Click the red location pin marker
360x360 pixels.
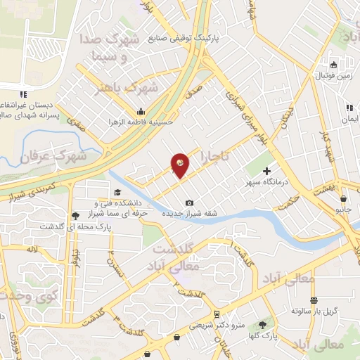(x=180, y=165)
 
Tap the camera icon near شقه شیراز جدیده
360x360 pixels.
(x=189, y=203)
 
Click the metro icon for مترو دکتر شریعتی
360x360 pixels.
(x=216, y=314)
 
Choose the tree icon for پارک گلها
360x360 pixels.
(x=263, y=325)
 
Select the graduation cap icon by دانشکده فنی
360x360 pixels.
(x=116, y=193)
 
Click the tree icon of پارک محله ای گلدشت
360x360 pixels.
(x=75, y=215)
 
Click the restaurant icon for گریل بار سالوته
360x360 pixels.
(x=314, y=300)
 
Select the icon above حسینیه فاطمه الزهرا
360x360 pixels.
(x=141, y=110)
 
